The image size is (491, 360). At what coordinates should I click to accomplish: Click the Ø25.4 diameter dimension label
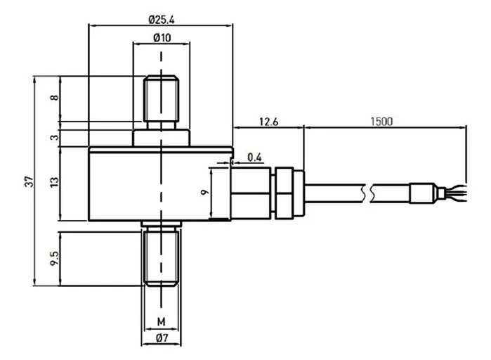(162, 20)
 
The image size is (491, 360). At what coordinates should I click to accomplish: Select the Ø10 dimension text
(162, 37)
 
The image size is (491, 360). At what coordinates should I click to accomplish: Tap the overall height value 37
(29, 181)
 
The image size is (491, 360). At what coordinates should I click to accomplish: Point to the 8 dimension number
(55, 98)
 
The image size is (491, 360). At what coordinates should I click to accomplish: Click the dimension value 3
(55, 137)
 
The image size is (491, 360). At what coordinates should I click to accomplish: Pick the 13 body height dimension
(55, 182)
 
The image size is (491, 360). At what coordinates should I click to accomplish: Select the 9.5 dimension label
(55, 258)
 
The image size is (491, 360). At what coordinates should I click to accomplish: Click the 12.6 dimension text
(268, 122)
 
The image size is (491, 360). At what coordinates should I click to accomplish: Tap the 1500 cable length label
(381, 121)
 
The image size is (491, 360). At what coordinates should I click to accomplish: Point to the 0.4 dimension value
(254, 157)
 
